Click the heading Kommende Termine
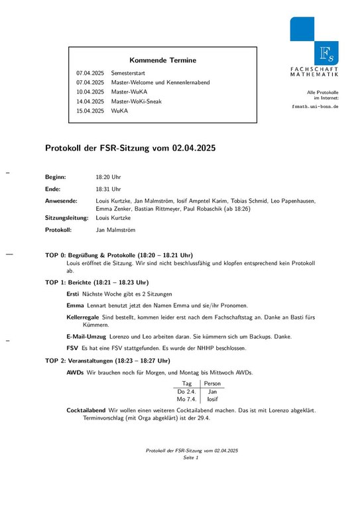(x=162, y=60)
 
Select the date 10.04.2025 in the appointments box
(x=90, y=91)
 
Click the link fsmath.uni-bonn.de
(x=315, y=106)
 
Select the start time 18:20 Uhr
(x=109, y=178)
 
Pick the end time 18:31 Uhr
(x=109, y=189)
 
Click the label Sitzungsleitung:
(x=66, y=217)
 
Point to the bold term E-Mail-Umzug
(x=83, y=337)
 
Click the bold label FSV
(x=72, y=348)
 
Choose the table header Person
(x=212, y=384)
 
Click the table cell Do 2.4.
(x=186, y=392)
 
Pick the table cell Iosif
(x=212, y=400)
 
